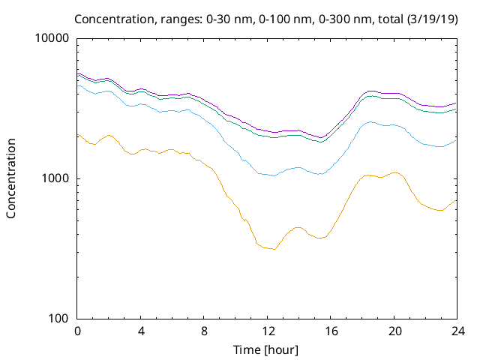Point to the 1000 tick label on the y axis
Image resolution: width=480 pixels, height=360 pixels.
click(x=57, y=178)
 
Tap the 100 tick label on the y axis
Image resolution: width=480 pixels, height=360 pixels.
click(x=60, y=319)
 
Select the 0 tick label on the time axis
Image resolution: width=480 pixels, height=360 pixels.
click(x=77, y=331)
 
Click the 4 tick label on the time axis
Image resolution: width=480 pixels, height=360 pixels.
click(x=141, y=331)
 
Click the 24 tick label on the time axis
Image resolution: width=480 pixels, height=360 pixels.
click(x=456, y=331)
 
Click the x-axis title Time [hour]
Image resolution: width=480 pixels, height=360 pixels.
click(x=267, y=349)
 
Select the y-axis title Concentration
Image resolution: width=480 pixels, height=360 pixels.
click(x=11, y=178)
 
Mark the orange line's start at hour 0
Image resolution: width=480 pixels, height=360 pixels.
click(x=78, y=134)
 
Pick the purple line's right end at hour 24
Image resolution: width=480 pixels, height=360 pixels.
click(x=456, y=103)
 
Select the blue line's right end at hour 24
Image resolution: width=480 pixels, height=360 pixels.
click(x=456, y=139)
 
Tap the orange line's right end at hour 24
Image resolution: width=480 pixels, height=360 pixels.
click(x=456, y=199)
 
